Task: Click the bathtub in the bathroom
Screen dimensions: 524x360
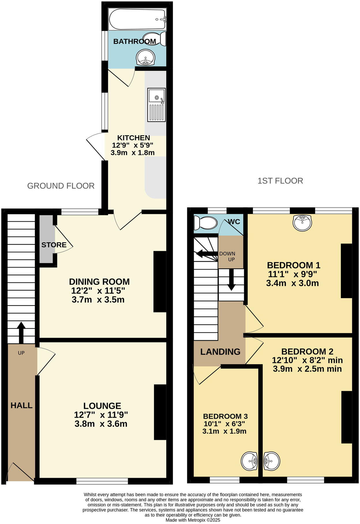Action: pos(137,19)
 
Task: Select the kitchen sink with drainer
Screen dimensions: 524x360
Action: pos(156,104)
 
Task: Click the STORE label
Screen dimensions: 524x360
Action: pos(54,245)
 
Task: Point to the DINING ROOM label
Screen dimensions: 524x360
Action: pos(99,282)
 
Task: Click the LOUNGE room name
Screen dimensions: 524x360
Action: pos(102,406)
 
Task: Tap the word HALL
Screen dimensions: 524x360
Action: pos(21,405)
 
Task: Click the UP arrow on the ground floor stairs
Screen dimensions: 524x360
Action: pos(21,332)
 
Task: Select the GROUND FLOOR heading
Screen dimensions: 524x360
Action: pos(61,186)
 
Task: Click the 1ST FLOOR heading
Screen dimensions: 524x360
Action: pos(280,181)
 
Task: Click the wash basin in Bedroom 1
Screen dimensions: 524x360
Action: pos(302,223)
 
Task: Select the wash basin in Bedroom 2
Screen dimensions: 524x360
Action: pos(272,461)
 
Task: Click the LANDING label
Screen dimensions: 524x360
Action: pos(220,351)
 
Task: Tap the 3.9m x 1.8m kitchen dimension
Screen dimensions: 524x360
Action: pos(132,153)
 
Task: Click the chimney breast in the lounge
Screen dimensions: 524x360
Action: pos(160,412)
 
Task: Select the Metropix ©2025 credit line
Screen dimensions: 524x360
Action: pos(193,520)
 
